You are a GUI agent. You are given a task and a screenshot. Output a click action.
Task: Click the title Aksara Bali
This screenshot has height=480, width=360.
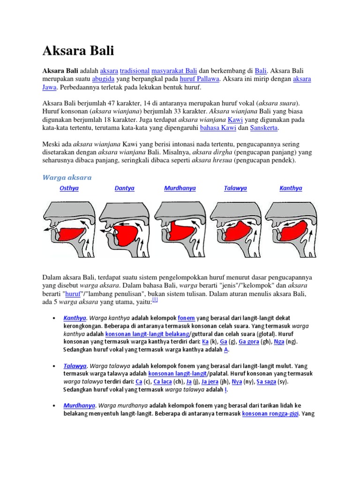pyautogui.click(x=78, y=50)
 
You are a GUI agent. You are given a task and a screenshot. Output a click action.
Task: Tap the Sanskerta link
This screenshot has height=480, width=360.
pyautogui.click(x=264, y=127)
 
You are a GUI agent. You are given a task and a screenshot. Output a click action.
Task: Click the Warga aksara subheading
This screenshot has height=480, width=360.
pyautogui.click(x=67, y=177)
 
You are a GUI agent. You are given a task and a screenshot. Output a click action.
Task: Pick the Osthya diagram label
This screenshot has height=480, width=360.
pyautogui.click(x=69, y=188)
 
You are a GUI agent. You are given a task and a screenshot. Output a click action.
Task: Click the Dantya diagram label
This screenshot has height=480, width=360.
pyautogui.click(x=124, y=188)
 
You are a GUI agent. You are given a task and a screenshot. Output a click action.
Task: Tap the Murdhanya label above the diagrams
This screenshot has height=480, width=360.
pyautogui.click(x=180, y=188)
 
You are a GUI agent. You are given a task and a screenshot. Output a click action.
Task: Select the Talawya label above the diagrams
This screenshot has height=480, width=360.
pyautogui.click(x=235, y=188)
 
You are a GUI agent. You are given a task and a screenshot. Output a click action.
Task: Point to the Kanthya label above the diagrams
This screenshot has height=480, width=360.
pyautogui.click(x=291, y=188)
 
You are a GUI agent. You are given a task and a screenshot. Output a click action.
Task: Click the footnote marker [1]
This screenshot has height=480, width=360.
pyautogui.click(x=155, y=299)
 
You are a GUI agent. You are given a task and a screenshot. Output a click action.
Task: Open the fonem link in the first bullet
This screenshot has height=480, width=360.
pyautogui.click(x=186, y=318)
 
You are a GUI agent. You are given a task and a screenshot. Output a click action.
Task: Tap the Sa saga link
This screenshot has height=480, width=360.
pyautogui.click(x=266, y=382)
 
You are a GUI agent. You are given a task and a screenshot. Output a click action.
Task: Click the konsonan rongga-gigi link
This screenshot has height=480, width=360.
pyautogui.click(x=270, y=413)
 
